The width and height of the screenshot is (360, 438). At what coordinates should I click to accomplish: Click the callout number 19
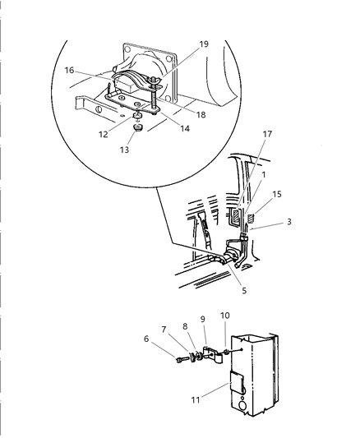[204, 44]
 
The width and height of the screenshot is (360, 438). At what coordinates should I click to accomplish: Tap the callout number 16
[69, 70]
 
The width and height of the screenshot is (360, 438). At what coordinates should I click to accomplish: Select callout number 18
[201, 114]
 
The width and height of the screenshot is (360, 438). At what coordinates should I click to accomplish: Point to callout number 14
[185, 128]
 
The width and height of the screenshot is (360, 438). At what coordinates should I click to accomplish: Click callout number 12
[104, 135]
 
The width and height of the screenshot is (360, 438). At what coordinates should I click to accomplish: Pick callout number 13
[125, 150]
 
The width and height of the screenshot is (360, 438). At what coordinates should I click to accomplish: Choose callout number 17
[267, 134]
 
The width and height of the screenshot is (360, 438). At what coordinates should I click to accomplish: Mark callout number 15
[277, 194]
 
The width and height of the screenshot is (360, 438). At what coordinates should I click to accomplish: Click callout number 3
[289, 222]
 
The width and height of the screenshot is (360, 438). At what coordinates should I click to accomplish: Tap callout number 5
[244, 291]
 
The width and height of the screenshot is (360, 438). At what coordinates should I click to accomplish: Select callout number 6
[146, 339]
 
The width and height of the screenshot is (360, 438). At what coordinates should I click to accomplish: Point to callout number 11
[196, 399]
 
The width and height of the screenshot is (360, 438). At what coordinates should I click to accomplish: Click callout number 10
[225, 316]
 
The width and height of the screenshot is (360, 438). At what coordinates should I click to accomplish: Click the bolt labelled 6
[181, 360]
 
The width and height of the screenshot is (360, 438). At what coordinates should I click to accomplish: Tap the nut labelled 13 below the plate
[138, 128]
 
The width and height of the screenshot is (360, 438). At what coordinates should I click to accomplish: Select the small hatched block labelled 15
[251, 218]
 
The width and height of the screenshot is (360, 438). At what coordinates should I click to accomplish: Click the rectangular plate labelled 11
[237, 381]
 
